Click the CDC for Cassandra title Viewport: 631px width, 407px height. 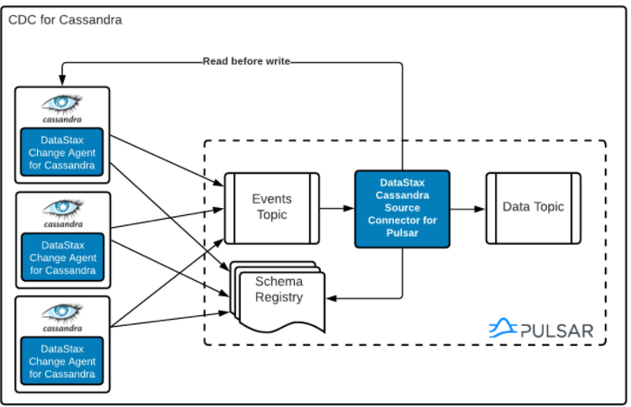(x=65, y=19)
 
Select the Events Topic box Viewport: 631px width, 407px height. (x=270, y=207)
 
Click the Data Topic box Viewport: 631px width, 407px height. (x=533, y=207)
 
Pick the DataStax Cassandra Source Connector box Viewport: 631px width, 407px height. (x=402, y=208)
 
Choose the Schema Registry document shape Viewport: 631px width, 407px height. (x=279, y=292)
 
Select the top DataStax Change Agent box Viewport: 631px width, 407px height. (x=63, y=151)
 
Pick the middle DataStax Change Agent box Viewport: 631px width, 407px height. (x=63, y=257)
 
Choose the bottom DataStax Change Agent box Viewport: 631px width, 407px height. (x=63, y=361)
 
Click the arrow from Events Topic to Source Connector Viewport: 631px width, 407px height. (x=337, y=208)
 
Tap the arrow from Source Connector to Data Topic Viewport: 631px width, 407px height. (x=467, y=208)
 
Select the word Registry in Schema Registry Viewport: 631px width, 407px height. (x=279, y=297)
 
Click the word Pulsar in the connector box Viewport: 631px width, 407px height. (x=402, y=233)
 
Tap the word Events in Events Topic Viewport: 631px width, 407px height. (x=271, y=199)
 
